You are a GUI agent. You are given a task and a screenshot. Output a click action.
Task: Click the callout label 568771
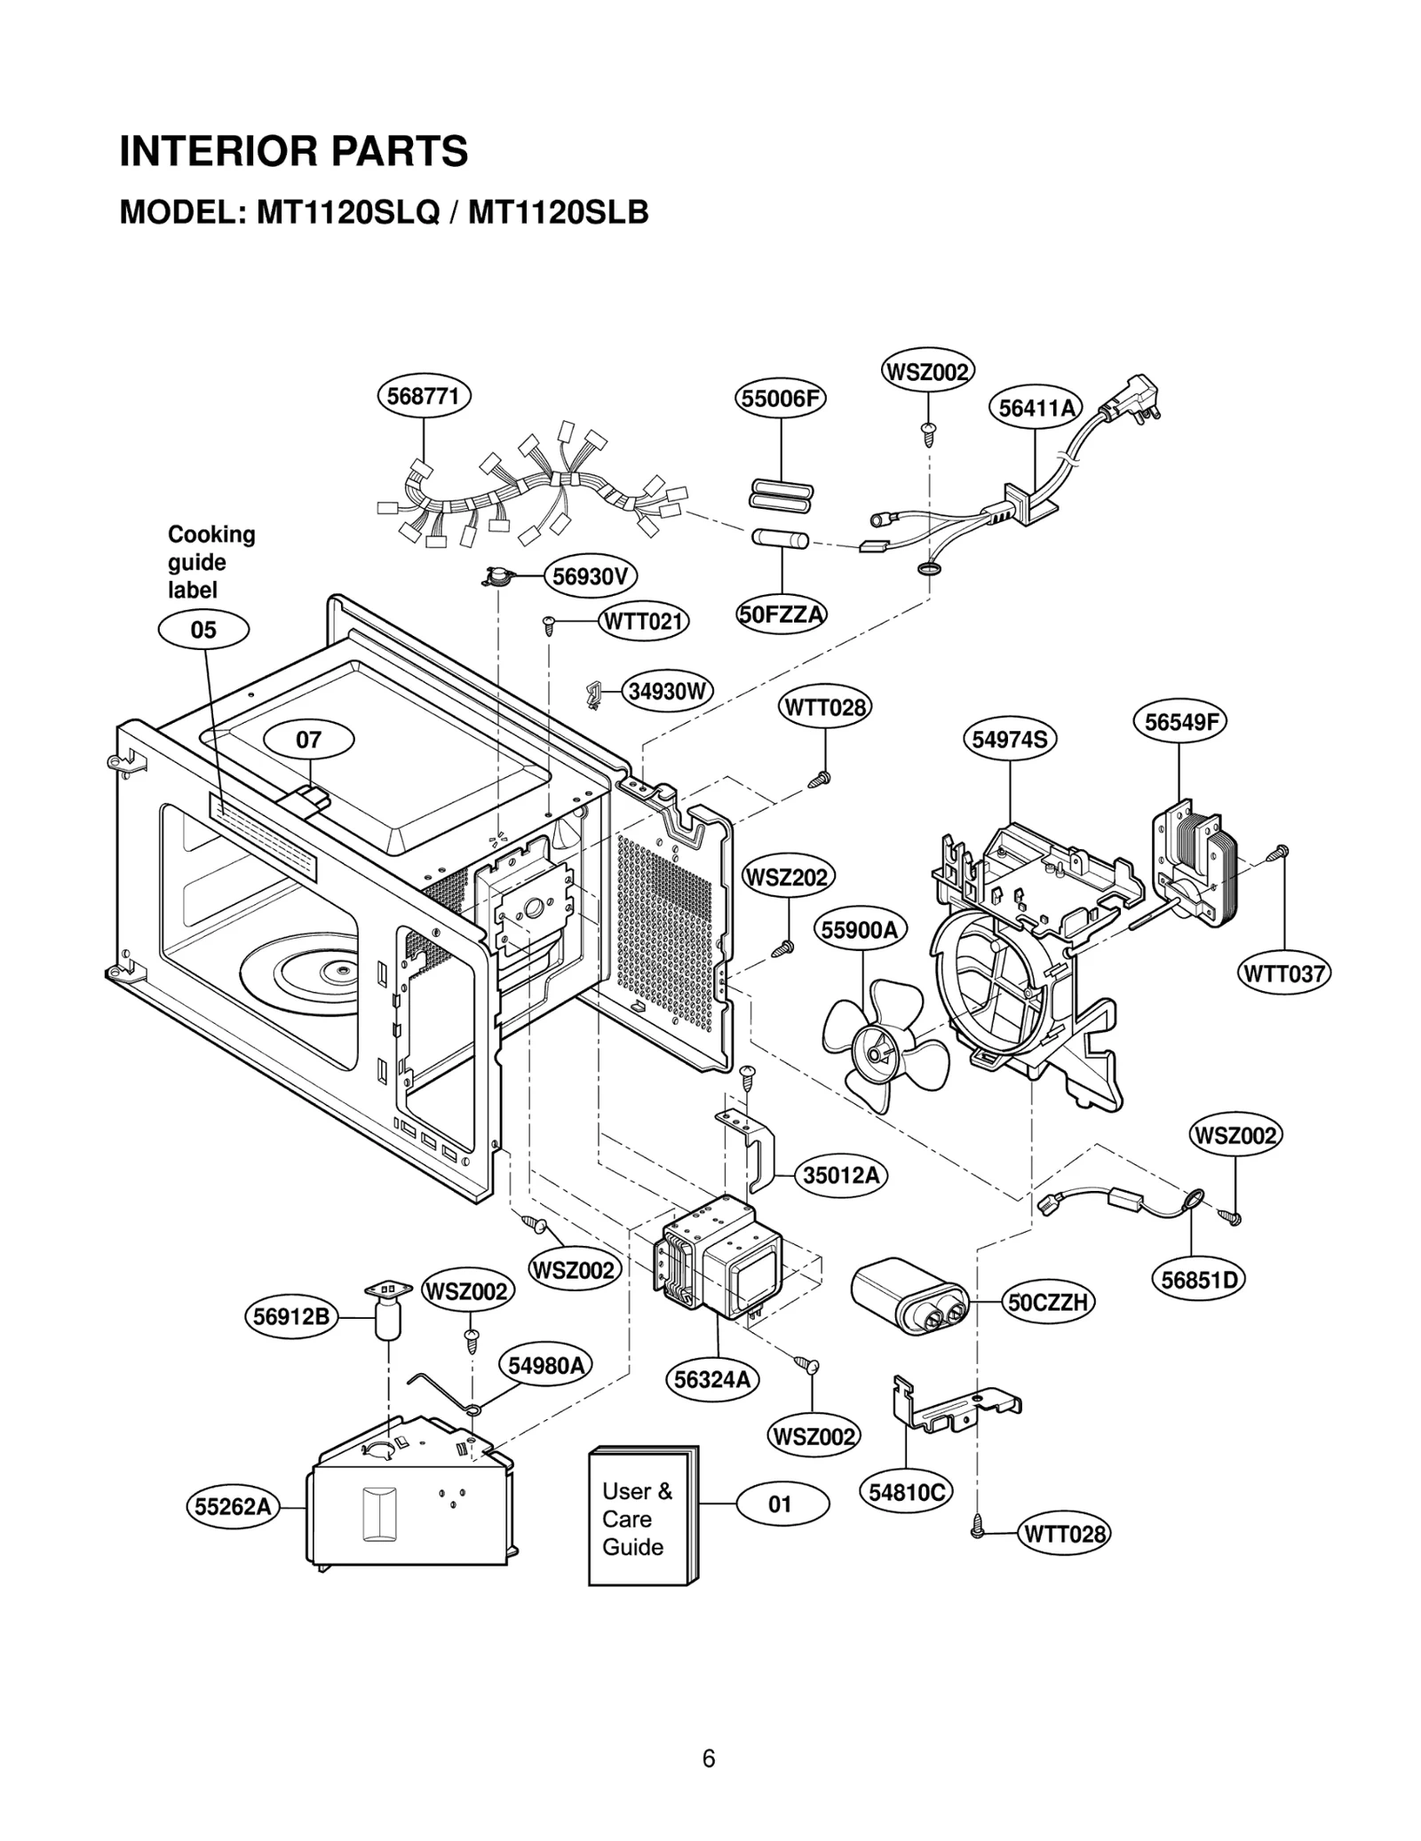coord(424,396)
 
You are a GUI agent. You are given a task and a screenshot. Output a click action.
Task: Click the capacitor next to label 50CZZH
coord(910,1296)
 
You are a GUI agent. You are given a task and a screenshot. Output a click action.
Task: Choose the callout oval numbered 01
coord(781,1504)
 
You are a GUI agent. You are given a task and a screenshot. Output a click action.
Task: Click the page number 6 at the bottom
coord(708,1758)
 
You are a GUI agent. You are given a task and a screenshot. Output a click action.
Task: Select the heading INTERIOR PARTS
coord(294,151)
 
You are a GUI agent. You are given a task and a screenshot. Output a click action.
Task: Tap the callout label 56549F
coord(1179,722)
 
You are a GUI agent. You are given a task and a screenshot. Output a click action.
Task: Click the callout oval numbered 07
coord(309,740)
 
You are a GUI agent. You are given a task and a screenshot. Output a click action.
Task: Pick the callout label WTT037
coord(1283,973)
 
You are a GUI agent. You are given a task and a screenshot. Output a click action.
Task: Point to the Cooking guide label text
coord(210,561)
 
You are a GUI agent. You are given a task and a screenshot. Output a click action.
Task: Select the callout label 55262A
coord(233,1507)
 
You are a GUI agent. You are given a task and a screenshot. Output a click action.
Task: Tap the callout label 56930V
coord(590,577)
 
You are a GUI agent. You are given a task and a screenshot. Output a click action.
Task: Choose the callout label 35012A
coord(840,1176)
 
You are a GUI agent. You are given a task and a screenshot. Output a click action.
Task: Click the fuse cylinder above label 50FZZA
coord(780,538)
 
